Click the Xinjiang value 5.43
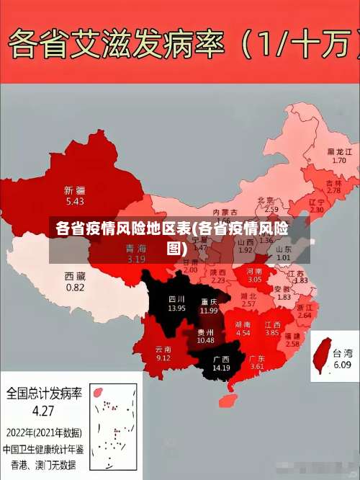[x=75, y=201]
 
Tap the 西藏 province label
[x=75, y=276]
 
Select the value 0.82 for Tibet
[x=75, y=287]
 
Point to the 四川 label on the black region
[x=176, y=298]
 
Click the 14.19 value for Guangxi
[x=221, y=368]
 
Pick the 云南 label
[x=163, y=349]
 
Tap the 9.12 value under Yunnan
[x=163, y=357]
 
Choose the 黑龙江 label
[x=339, y=152]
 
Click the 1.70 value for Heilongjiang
[x=339, y=161]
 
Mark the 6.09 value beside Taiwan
[x=342, y=365]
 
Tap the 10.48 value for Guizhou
[x=205, y=340]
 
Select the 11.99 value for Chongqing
[x=209, y=310]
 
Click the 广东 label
[x=257, y=358]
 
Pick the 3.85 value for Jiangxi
[x=271, y=333]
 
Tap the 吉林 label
[x=333, y=183]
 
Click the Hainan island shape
[x=232, y=398]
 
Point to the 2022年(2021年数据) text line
[x=45, y=433]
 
